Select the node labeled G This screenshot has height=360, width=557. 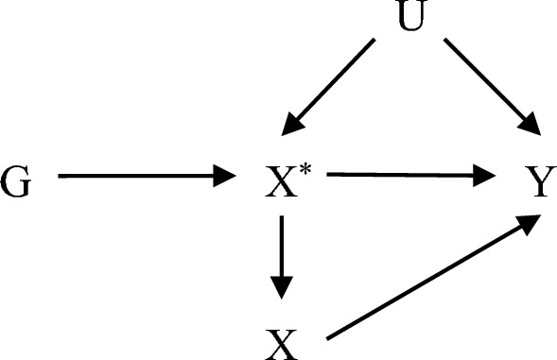[16, 178]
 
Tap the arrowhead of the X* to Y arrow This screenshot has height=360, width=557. [487, 174]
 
